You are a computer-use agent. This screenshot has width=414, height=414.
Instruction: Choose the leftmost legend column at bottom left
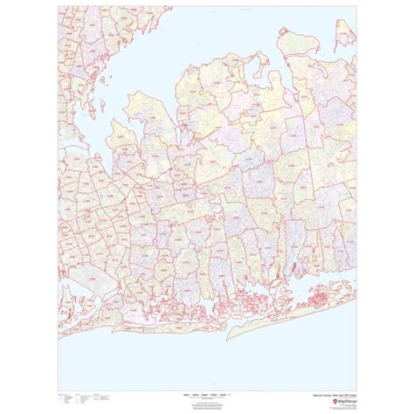tap(64, 398)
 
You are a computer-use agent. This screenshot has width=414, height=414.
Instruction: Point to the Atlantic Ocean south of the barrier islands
tap(218, 358)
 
